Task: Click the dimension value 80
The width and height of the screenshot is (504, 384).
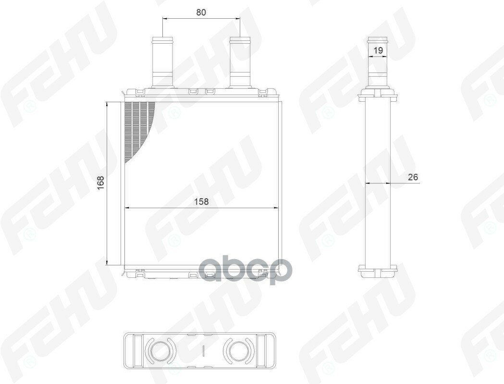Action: [x=201, y=13]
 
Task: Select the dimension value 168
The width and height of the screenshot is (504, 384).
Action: [x=100, y=183]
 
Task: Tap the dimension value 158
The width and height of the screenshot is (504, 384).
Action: [x=202, y=202]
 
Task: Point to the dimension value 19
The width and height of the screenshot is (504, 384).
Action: [x=378, y=50]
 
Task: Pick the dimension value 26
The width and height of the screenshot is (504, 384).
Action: [x=413, y=177]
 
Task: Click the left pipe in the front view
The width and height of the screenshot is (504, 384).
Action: [x=162, y=62]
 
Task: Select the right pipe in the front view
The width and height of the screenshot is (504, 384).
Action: [x=240, y=62]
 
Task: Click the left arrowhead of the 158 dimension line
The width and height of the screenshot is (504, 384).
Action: [x=127, y=208]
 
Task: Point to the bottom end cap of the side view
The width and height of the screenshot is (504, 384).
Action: [x=378, y=271]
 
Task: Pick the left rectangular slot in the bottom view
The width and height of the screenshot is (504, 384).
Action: [x=134, y=351]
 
